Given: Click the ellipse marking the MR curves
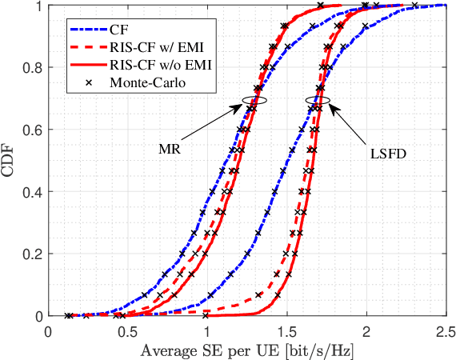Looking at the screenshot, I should click(255, 101).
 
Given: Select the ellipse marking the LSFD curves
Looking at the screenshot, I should click(319, 101).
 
